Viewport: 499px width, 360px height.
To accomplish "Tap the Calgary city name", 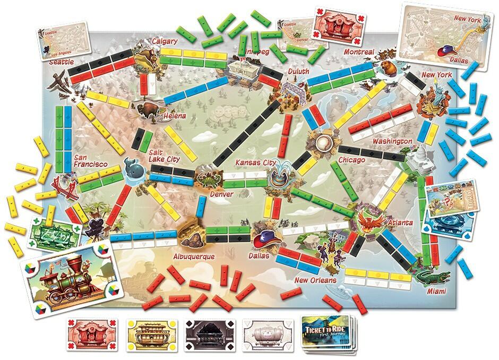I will click(164, 41).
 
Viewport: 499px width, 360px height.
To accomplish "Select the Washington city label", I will click(392, 142).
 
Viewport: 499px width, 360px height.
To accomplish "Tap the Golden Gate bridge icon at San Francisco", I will click(62, 184).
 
